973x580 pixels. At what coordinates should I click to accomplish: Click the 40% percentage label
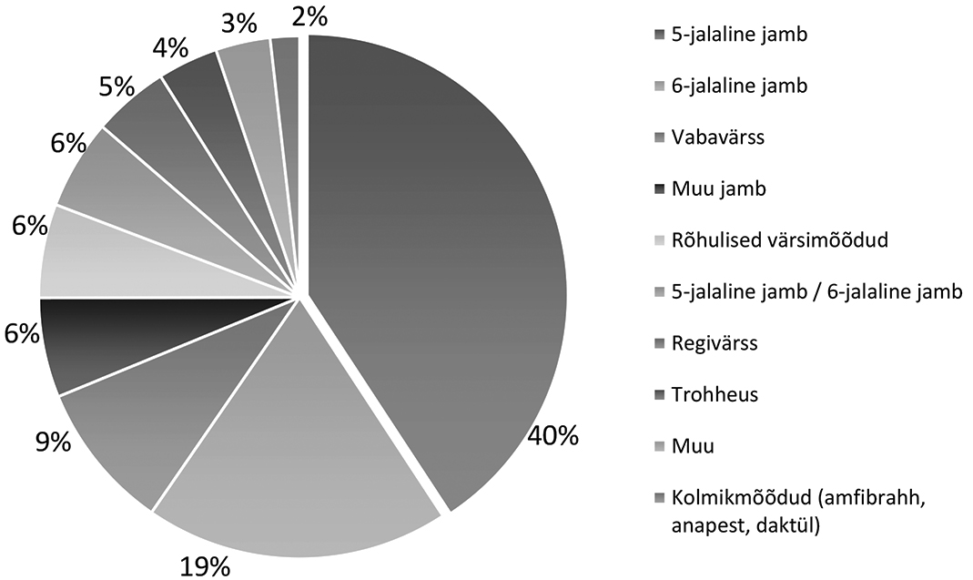pos(552,436)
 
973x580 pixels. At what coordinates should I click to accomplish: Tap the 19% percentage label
pos(205,566)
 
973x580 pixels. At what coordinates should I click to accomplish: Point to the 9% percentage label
pos(53,443)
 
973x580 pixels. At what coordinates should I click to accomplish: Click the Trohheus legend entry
pos(714,395)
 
